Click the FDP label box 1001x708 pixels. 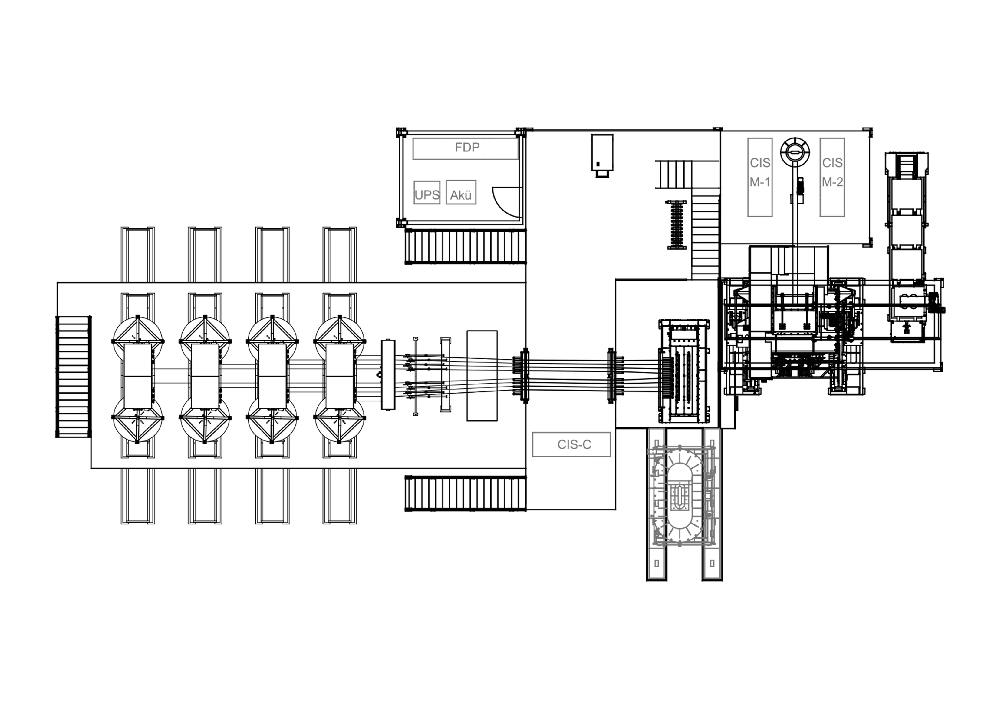click(x=466, y=149)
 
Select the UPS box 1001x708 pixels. click(x=427, y=192)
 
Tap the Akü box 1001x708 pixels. click(x=461, y=192)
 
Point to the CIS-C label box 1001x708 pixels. click(x=571, y=444)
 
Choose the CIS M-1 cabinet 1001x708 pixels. click(x=760, y=177)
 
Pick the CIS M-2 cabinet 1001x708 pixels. click(x=832, y=177)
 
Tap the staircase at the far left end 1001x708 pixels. click(x=73, y=376)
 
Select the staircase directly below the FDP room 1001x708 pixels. click(x=465, y=247)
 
